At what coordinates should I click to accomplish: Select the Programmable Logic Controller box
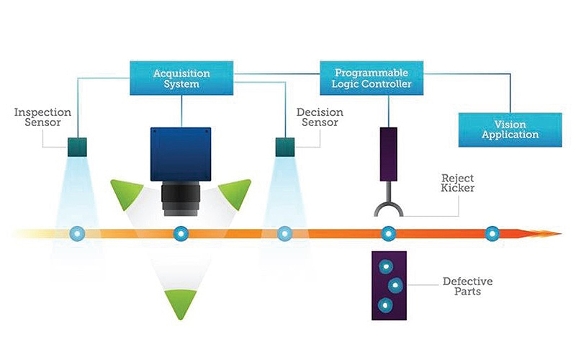click(x=371, y=78)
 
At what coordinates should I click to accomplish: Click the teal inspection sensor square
click(x=77, y=147)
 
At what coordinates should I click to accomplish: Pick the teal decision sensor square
click(x=286, y=147)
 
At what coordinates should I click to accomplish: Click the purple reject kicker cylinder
click(x=389, y=154)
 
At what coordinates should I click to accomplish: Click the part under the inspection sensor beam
click(x=76, y=233)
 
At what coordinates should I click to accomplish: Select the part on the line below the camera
click(x=181, y=233)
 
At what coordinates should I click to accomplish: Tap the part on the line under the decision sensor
click(x=285, y=233)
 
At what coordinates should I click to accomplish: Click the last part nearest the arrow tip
click(x=492, y=233)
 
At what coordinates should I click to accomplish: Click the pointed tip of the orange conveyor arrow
click(x=559, y=233)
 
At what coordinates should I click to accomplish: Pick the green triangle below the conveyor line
click(x=180, y=302)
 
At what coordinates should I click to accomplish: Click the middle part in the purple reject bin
click(x=395, y=285)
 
